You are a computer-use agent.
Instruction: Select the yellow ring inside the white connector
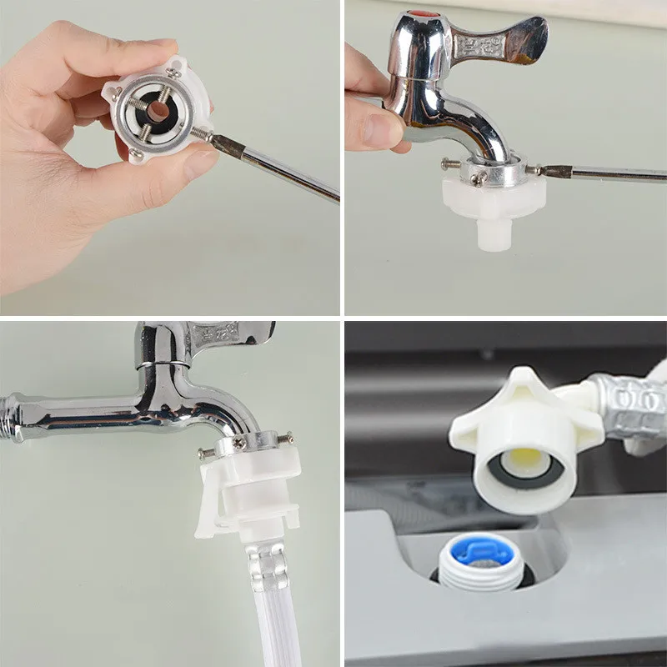(x=522, y=457)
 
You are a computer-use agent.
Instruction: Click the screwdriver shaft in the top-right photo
(x=609, y=173)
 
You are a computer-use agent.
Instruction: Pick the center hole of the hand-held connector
(x=158, y=108)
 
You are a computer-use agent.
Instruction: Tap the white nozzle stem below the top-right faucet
(x=494, y=233)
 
